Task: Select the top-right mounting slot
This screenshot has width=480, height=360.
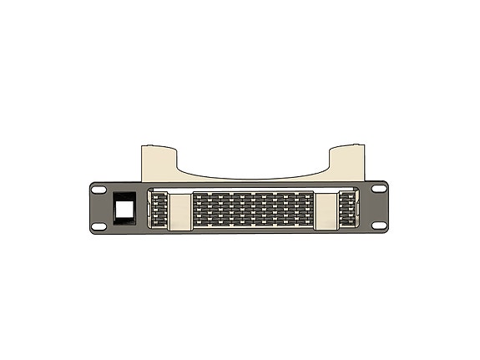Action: coord(380,190)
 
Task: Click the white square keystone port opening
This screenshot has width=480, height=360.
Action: coord(123,208)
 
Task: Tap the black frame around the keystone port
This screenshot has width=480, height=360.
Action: coord(114,208)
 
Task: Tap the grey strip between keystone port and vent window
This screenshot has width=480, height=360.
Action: coord(140,209)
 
